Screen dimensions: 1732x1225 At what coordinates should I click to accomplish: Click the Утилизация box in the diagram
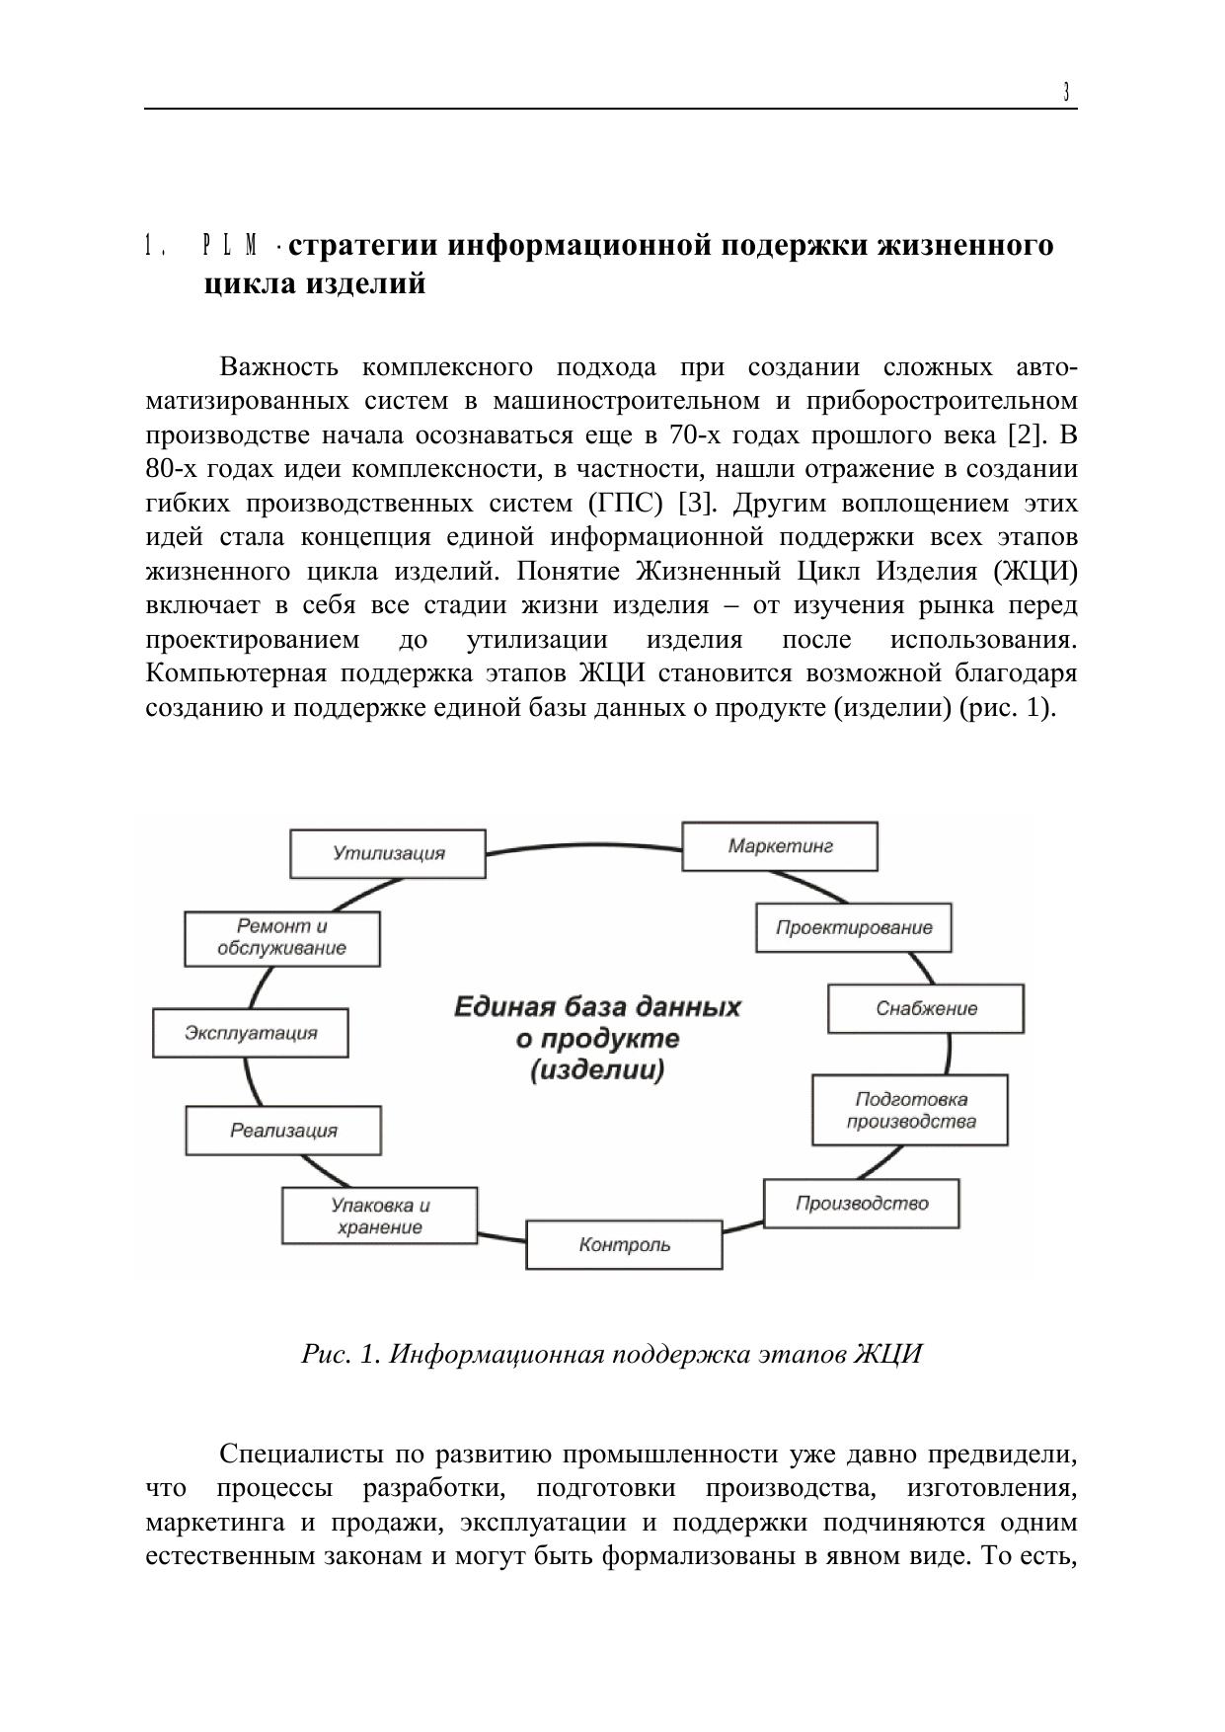pyautogui.click(x=388, y=853)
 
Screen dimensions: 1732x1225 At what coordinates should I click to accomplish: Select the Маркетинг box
pyautogui.click(x=780, y=846)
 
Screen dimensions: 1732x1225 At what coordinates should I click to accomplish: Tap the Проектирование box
pyautogui.click(x=854, y=927)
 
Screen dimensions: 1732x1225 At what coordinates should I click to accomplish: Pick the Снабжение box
pyautogui.click(x=926, y=1008)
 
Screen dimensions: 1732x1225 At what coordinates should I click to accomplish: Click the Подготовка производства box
pyautogui.click(x=910, y=1110)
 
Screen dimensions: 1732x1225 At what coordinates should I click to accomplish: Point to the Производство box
pyautogui.click(x=862, y=1203)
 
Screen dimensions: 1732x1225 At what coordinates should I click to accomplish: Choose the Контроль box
pyautogui.click(x=624, y=1244)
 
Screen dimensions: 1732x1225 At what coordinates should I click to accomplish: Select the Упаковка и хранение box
pyautogui.click(x=380, y=1216)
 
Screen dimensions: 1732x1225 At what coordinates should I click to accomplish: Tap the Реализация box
pyautogui.click(x=283, y=1131)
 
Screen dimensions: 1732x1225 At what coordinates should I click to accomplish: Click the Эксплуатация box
pyautogui.click(x=251, y=1033)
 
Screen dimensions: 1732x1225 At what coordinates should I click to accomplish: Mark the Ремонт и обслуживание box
pyautogui.click(x=282, y=937)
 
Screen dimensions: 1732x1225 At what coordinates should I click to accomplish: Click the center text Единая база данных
pyautogui.click(x=597, y=1007)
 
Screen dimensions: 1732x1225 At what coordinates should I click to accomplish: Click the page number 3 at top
pyautogui.click(x=1066, y=93)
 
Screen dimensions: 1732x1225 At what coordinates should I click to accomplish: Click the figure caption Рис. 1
pyautogui.click(x=341, y=1353)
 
